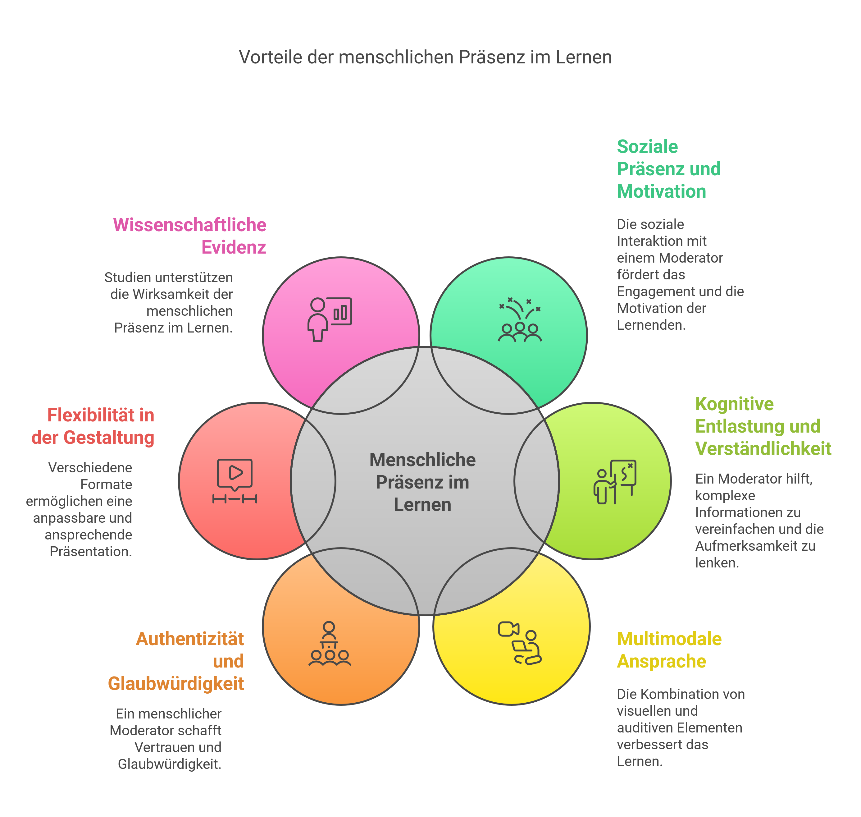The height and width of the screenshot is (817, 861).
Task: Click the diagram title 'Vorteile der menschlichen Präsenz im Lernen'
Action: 425,57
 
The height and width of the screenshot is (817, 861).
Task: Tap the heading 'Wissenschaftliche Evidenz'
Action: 190,236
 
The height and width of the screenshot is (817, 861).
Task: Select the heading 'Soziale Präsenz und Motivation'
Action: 668,169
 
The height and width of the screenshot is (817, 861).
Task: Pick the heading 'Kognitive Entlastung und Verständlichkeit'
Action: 763,426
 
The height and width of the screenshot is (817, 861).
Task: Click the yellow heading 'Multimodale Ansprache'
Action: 669,650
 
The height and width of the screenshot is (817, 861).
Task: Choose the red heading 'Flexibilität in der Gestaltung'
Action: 93,426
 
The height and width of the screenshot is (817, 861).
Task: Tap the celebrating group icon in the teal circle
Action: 520,320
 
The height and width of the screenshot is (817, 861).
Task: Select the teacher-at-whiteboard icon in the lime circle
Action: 615,482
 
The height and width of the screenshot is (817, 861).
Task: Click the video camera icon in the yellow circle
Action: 508,629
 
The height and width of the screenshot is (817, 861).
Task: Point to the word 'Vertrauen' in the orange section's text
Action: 178,747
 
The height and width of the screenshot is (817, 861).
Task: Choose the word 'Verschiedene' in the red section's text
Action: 90,467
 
